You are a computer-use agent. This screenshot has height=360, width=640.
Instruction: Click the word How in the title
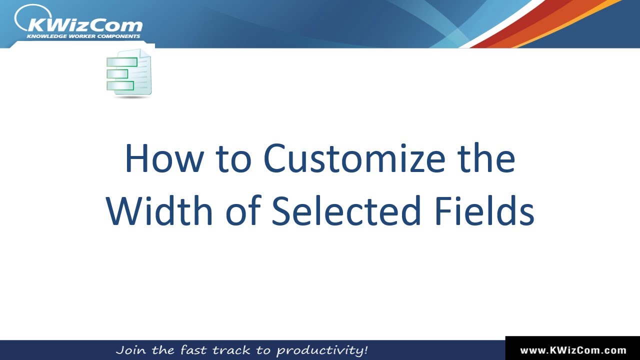(164, 159)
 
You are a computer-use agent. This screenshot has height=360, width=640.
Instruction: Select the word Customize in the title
(354, 159)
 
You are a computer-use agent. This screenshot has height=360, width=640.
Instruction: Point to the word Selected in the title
(346, 210)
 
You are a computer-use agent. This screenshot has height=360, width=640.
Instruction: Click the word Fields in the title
(484, 210)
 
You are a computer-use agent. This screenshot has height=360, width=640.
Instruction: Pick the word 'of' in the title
(243, 210)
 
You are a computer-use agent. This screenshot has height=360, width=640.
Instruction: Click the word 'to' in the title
(233, 159)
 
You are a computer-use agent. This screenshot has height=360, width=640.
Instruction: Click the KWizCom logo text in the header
(85, 24)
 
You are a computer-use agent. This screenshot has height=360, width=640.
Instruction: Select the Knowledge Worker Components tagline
(83, 36)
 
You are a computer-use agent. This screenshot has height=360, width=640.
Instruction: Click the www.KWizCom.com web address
(573, 350)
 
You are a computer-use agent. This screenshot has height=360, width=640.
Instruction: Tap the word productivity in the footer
(322, 349)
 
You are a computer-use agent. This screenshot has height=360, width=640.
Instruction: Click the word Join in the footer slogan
(131, 349)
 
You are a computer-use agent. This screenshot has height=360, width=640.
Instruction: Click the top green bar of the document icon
(122, 62)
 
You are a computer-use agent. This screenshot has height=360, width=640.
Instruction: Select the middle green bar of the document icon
(117, 74)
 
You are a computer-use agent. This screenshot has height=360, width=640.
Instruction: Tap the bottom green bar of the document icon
(120, 85)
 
